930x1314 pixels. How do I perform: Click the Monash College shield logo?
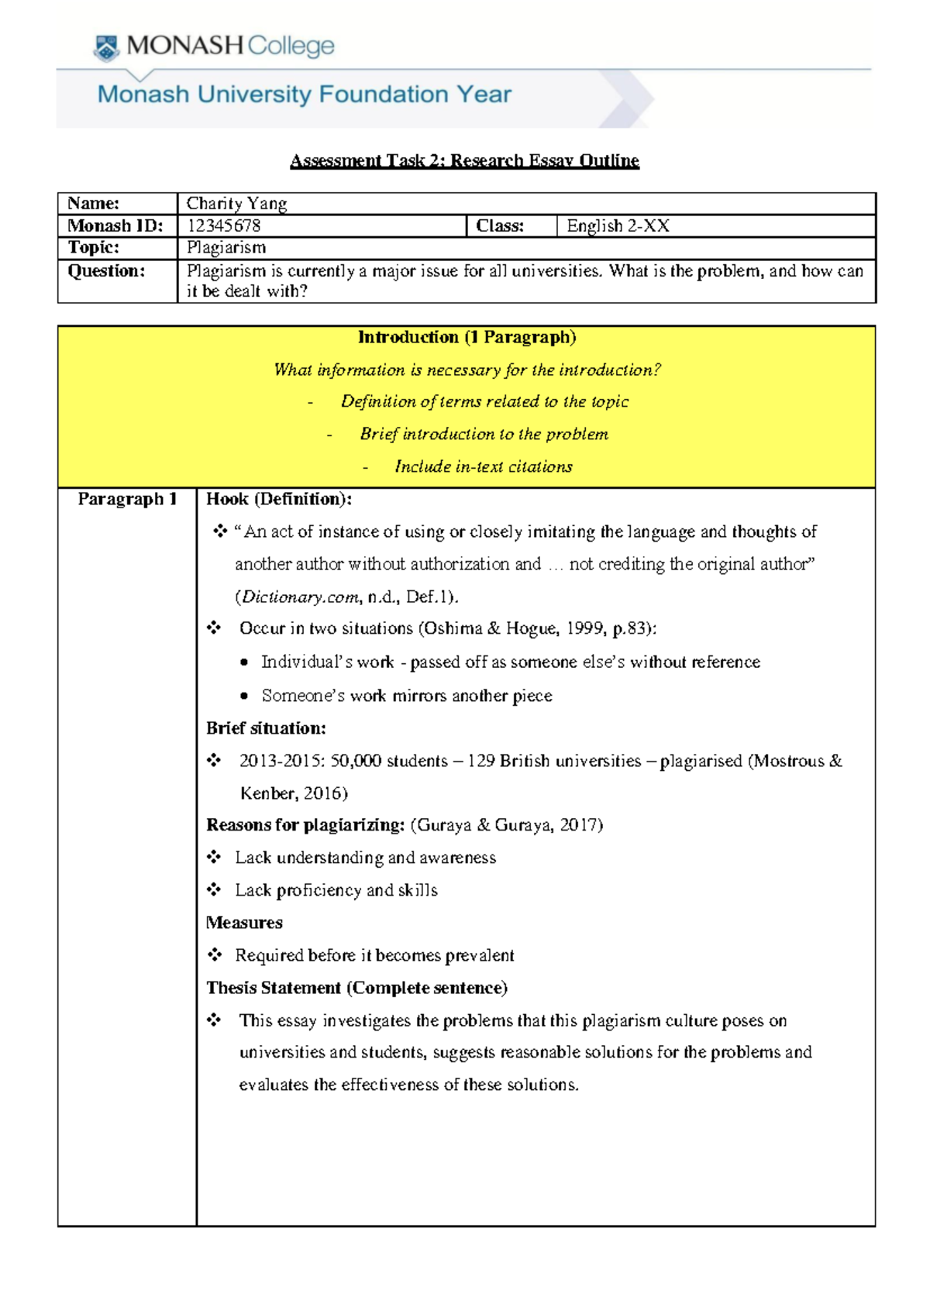(x=106, y=48)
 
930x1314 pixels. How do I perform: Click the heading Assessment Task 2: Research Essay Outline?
(x=464, y=160)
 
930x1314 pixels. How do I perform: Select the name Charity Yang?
(x=236, y=203)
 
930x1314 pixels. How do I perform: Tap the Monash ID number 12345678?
(x=223, y=225)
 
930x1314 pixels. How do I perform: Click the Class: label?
(x=499, y=225)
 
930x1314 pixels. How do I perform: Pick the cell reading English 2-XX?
(x=618, y=225)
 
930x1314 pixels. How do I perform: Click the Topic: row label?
(x=93, y=247)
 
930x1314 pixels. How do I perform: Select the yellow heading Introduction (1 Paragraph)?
(x=467, y=337)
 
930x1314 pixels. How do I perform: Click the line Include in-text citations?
(x=483, y=466)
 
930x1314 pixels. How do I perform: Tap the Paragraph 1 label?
(x=127, y=499)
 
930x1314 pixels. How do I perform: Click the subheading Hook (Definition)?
(x=278, y=499)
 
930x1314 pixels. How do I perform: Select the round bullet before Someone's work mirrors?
(x=244, y=696)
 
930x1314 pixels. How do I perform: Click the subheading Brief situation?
(x=266, y=728)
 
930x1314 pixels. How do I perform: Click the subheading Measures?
(x=244, y=923)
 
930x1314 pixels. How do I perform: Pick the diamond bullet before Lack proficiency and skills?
(x=214, y=889)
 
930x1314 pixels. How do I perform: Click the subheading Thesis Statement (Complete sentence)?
(x=356, y=988)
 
